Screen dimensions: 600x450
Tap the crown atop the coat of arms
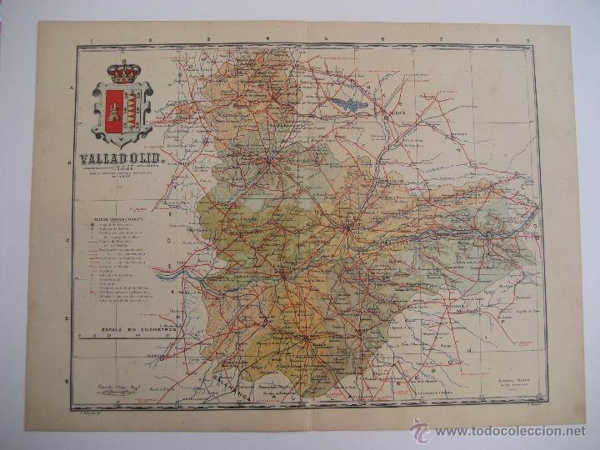(124, 72)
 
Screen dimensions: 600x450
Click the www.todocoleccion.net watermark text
(509, 432)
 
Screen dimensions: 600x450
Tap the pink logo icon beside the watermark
(420, 430)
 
